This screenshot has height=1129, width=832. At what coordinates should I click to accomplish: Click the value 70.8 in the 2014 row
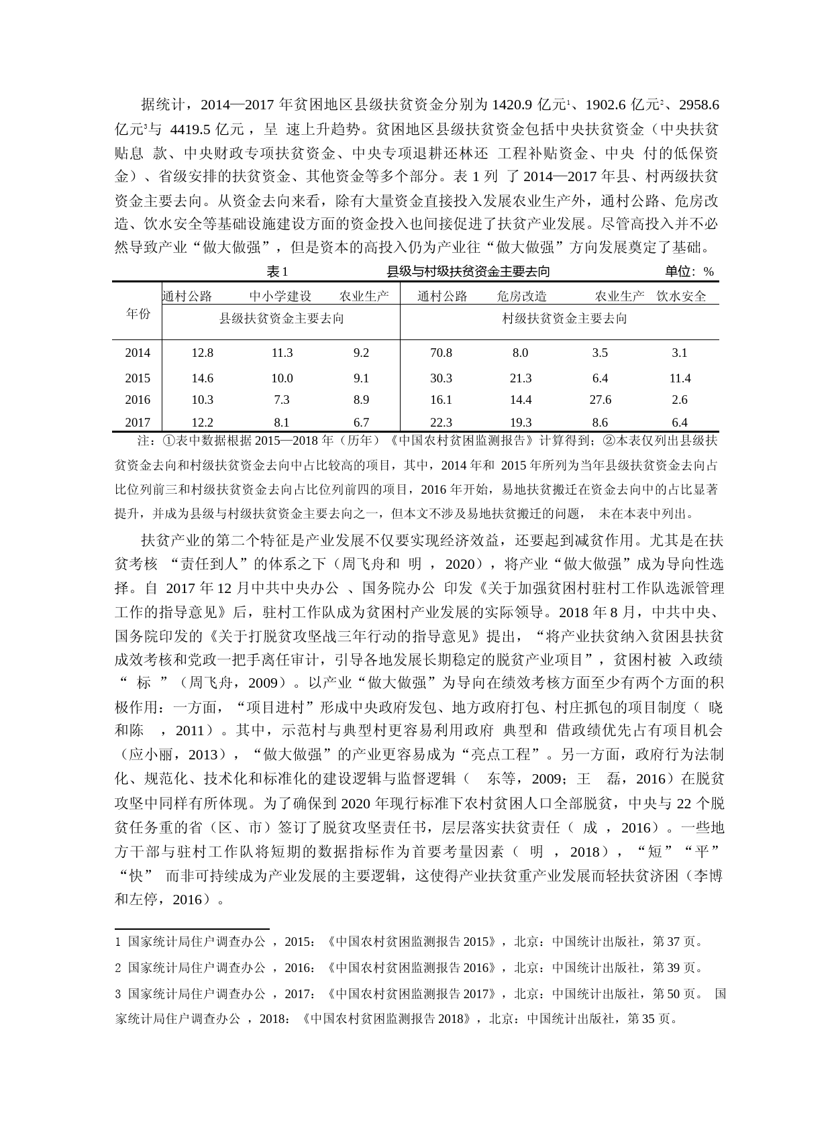[x=441, y=353]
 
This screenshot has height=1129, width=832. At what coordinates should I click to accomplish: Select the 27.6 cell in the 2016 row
[x=600, y=400]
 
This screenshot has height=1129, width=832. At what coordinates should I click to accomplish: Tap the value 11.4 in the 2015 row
[x=680, y=378]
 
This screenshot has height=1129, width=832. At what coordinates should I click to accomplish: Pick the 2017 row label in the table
[x=138, y=423]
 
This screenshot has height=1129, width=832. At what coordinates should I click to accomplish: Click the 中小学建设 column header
[x=280, y=297]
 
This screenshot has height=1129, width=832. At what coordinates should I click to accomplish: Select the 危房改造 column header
[x=522, y=297]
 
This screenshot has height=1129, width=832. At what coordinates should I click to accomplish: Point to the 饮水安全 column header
[x=681, y=297]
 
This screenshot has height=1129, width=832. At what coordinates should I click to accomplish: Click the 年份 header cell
[x=138, y=313]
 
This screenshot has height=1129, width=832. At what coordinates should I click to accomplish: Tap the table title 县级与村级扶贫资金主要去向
[x=468, y=272]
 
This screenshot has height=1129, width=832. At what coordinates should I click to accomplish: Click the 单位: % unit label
[x=689, y=272]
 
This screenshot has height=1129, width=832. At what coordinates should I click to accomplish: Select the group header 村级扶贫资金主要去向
[x=565, y=319]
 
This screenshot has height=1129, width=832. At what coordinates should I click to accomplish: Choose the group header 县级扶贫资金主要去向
[x=282, y=319]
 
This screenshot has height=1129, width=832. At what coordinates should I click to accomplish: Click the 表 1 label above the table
[x=277, y=272]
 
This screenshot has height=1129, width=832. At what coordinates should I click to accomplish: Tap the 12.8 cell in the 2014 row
[x=202, y=353]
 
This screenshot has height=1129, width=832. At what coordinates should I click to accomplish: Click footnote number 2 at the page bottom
[x=118, y=968]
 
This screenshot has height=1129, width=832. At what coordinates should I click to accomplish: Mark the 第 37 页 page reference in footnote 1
[x=678, y=942]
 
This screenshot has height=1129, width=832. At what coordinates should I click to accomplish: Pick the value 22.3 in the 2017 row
[x=441, y=423]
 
